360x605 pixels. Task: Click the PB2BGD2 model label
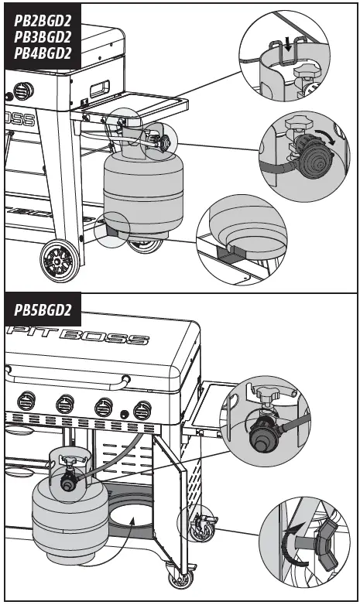click(45, 20)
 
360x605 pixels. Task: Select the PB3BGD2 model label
click(45, 36)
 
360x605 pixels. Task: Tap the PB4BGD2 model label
click(45, 53)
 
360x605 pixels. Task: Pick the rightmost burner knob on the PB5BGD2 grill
click(141, 409)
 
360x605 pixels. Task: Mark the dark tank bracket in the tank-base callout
click(233, 252)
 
